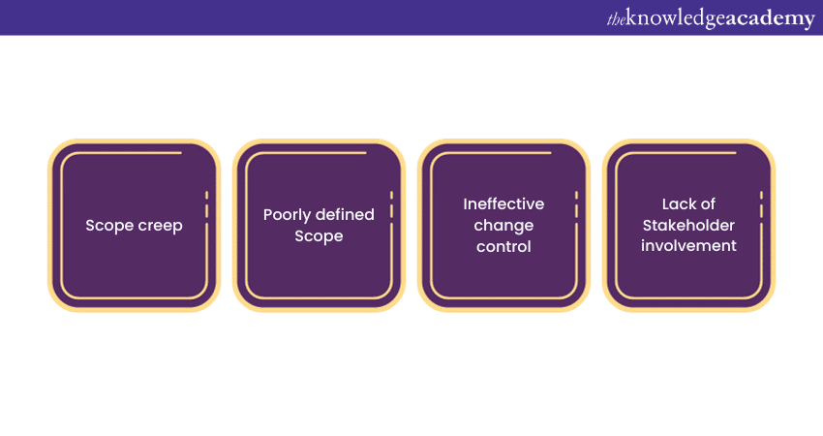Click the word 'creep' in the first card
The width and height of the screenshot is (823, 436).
159,225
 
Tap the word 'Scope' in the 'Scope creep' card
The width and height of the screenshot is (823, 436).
108,225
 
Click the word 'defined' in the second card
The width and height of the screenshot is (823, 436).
344,214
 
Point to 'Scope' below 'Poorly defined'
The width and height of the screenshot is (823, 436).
319,235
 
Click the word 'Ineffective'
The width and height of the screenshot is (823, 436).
503,203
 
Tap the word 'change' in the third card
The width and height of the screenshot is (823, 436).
503,225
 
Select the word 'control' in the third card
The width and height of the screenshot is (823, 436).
503,246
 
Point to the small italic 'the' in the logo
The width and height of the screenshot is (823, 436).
616,18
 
